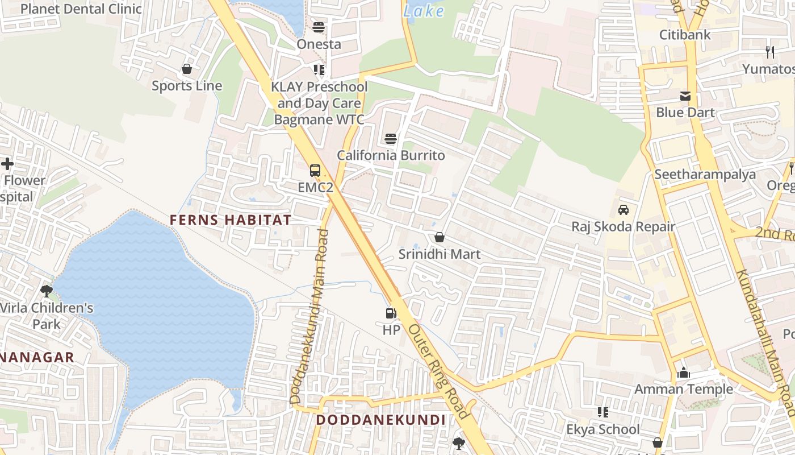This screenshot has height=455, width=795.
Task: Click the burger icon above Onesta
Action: (x=319, y=27)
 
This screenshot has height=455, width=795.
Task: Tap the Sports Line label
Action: (x=187, y=86)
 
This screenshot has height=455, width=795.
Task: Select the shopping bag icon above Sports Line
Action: (x=187, y=69)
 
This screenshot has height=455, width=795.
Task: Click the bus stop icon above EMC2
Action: (x=315, y=170)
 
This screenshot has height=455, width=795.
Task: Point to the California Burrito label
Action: (x=391, y=155)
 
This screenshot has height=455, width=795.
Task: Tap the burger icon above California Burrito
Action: (x=391, y=139)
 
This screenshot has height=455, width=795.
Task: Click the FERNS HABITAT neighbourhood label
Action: (x=231, y=220)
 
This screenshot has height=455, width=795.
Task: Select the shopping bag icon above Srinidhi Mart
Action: (x=439, y=237)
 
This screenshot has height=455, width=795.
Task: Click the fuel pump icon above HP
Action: (x=391, y=313)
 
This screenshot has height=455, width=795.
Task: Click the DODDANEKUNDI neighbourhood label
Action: (x=380, y=420)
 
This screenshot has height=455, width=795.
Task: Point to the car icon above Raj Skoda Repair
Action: (x=624, y=210)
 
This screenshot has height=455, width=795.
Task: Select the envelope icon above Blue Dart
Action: (x=685, y=96)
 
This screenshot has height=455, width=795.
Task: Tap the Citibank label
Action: (x=685, y=35)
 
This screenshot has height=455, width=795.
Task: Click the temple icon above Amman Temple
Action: (x=684, y=373)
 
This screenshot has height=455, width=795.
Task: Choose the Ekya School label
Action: (x=603, y=429)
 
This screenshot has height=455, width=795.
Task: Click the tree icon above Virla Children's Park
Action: (x=47, y=291)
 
